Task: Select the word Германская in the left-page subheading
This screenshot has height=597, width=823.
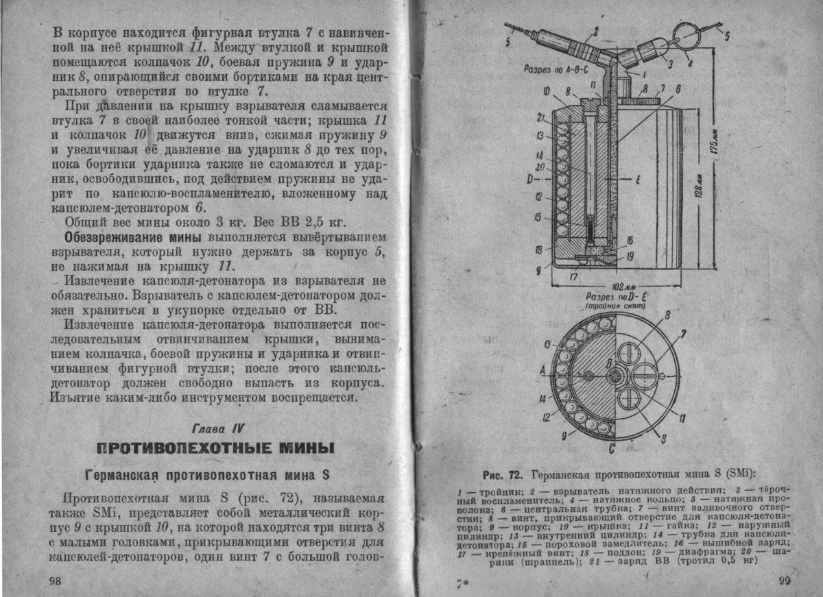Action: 124,475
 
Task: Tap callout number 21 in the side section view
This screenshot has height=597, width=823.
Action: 540,117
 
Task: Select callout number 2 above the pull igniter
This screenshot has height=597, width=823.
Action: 595,30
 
